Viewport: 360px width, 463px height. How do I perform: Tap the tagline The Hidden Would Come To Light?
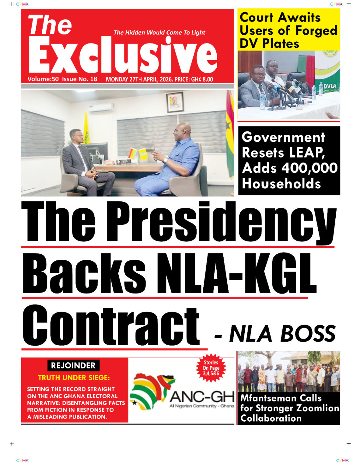(159, 33)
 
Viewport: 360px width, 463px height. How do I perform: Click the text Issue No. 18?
(80, 79)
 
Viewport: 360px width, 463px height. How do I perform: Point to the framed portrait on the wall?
(175, 102)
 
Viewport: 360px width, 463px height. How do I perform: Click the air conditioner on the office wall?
(101, 108)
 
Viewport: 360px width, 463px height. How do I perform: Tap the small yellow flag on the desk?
(143, 154)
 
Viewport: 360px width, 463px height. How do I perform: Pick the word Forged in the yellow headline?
(316, 31)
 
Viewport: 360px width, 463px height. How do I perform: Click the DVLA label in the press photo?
(329, 86)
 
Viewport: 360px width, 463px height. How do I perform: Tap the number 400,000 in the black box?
(309, 168)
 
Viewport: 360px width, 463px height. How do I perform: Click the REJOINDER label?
(73, 365)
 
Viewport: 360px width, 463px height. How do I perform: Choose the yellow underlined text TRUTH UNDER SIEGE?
(74, 378)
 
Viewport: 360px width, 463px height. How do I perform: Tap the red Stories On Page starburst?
(211, 368)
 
